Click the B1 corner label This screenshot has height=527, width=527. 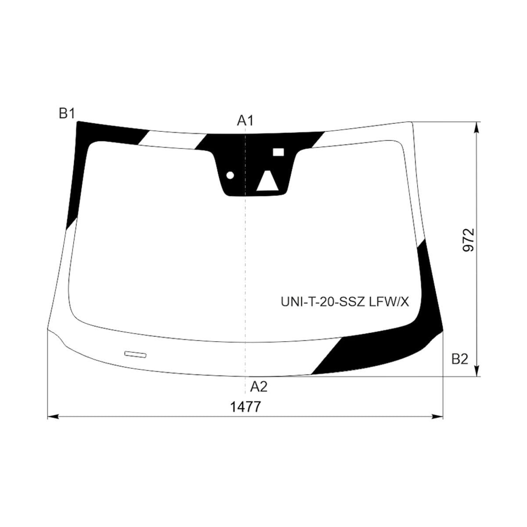(67, 113)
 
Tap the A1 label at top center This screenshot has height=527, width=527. (245, 121)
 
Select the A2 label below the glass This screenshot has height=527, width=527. (258, 387)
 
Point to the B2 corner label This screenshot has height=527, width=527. (460, 359)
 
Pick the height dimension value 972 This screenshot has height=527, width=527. (468, 240)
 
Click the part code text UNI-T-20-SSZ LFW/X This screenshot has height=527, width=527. (345, 302)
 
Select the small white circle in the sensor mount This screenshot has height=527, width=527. (230, 175)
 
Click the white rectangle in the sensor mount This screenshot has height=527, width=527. (278, 152)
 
